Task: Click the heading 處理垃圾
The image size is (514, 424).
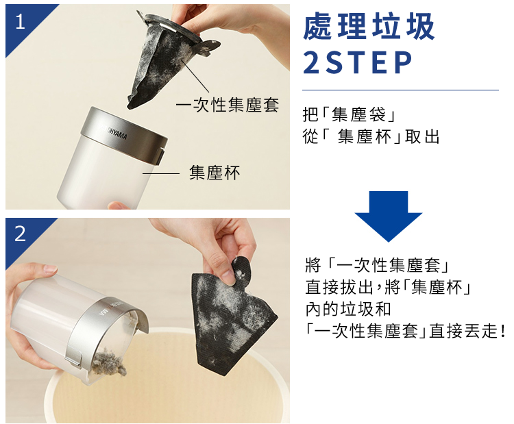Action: (x=369, y=26)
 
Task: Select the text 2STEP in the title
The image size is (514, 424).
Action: (x=358, y=62)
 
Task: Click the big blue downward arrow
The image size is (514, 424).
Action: (x=389, y=216)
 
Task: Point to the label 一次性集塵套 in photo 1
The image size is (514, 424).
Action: (x=228, y=105)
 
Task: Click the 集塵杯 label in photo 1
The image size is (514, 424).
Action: (x=215, y=173)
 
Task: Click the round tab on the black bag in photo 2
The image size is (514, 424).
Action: (x=241, y=271)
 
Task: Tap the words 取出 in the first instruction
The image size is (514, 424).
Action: (x=422, y=136)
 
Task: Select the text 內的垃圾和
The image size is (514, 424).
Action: (x=347, y=309)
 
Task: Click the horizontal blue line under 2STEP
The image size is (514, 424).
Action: (x=400, y=90)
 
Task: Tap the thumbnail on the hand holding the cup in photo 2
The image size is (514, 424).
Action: (x=50, y=270)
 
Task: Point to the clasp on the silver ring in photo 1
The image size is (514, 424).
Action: (x=160, y=157)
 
